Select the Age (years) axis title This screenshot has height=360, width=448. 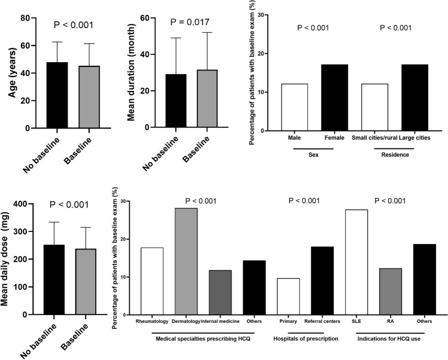[10, 74]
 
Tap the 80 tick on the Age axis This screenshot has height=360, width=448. [25, 18]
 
